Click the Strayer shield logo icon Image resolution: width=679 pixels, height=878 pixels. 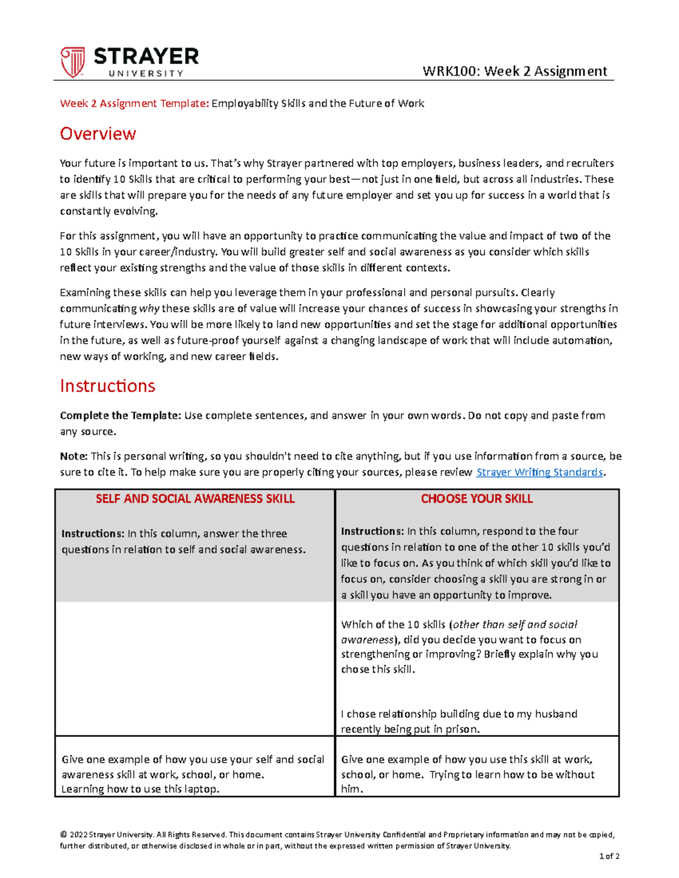coord(72,62)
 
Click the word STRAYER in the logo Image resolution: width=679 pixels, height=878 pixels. coord(146,57)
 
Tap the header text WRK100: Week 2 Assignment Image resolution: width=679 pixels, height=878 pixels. coord(514,71)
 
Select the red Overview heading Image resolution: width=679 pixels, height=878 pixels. coord(98,134)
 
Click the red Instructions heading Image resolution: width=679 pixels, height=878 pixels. coord(108,386)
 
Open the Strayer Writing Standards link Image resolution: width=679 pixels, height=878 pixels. coord(539,472)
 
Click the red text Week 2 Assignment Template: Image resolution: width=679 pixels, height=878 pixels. coord(135,103)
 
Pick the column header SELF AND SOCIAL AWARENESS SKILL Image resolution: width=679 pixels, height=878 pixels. coord(195,499)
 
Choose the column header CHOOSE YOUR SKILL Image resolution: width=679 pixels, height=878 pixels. coord(476,499)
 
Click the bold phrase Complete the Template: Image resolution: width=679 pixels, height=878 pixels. coord(121,416)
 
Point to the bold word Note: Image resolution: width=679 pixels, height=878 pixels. coord(74,456)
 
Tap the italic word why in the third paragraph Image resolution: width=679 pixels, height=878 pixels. coord(149,309)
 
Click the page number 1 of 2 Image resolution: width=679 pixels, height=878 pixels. coord(609,856)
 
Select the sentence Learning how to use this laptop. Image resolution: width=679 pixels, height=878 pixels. coord(140,789)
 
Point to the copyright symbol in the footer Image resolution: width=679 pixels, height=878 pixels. coord(63,834)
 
